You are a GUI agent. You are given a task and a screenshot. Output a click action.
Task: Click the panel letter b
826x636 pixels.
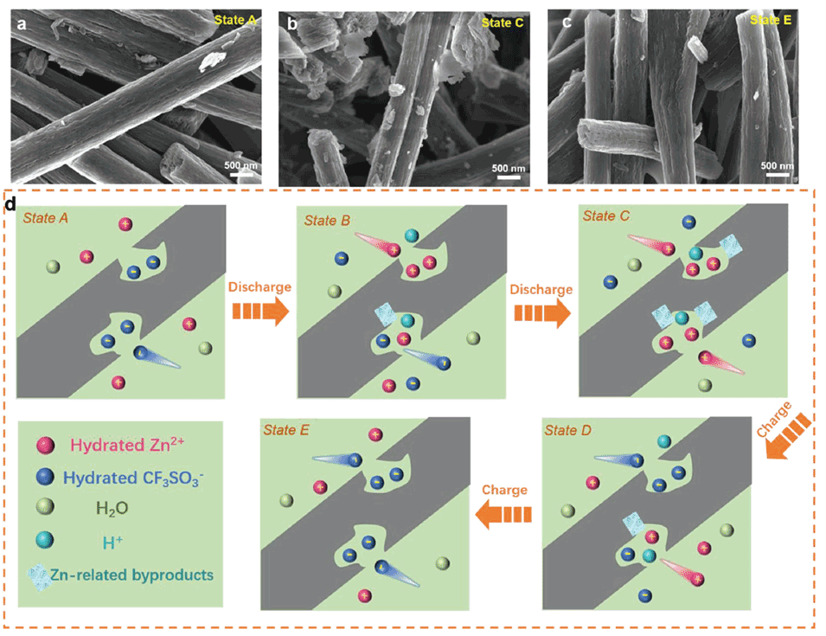(292, 23)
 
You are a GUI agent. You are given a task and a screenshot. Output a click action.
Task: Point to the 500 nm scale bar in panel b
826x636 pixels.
(509, 174)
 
